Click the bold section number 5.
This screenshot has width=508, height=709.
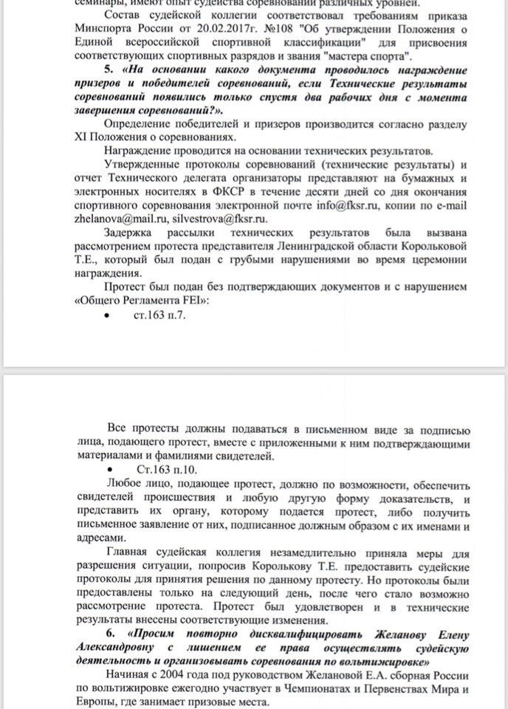[111, 70]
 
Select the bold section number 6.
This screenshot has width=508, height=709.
[111, 634]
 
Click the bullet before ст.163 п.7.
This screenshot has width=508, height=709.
[109, 316]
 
